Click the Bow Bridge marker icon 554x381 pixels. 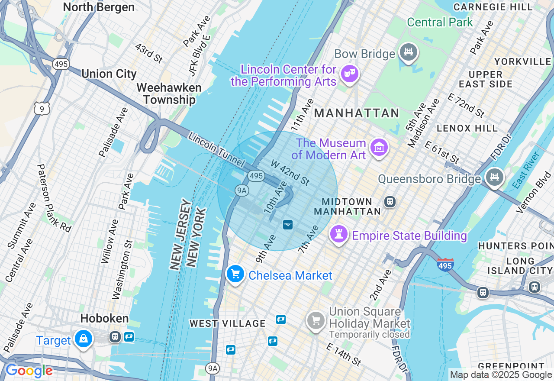pyautogui.click(x=408, y=52)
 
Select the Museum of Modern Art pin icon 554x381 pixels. pyautogui.click(x=379, y=148)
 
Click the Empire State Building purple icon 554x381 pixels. pyautogui.click(x=339, y=235)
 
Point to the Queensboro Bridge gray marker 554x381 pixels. pyautogui.click(x=494, y=177)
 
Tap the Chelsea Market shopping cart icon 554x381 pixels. pyautogui.click(x=236, y=274)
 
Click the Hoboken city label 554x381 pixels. pyautogui.click(x=104, y=319)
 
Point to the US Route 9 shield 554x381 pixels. pyautogui.click(x=42, y=109)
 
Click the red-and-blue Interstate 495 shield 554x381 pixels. pyautogui.click(x=445, y=264)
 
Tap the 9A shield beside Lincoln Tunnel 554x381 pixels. pyautogui.click(x=241, y=190)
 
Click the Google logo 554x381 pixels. pyautogui.click(x=29, y=371)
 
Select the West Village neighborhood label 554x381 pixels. pyautogui.click(x=227, y=323)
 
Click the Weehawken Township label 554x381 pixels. pyautogui.click(x=169, y=94)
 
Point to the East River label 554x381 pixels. pyautogui.click(x=525, y=170)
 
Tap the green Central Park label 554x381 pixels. pyautogui.click(x=440, y=23)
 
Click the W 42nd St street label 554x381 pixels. pyautogui.click(x=290, y=172)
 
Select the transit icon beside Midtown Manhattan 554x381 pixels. pyautogui.click(x=390, y=202)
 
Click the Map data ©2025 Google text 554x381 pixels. pyautogui.click(x=501, y=375)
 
